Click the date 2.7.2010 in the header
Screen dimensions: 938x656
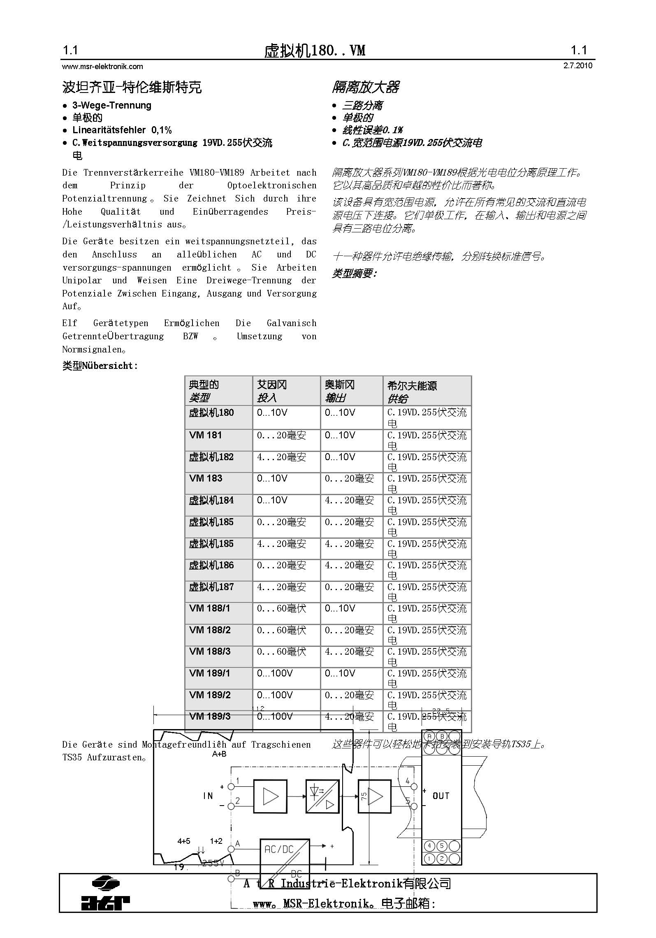tap(577, 66)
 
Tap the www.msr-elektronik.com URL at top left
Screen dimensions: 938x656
tap(102, 66)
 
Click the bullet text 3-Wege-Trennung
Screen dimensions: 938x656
tap(112, 105)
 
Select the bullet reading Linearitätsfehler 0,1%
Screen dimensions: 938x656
tap(122, 130)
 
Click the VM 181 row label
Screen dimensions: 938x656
tap(205, 435)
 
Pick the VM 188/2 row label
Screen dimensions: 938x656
tap(210, 630)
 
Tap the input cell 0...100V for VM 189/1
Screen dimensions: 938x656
tap(275, 673)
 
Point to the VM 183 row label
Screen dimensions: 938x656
tap(205, 478)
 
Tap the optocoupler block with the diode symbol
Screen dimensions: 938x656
tap(322, 796)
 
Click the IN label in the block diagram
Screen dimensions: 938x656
tap(208, 796)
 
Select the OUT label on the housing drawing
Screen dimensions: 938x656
tap(441, 796)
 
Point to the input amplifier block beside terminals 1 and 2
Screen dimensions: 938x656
tap(270, 796)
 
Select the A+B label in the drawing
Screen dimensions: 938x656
tap(219, 754)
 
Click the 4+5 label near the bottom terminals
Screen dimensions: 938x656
tap(184, 841)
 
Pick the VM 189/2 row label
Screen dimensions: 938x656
tap(210, 695)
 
